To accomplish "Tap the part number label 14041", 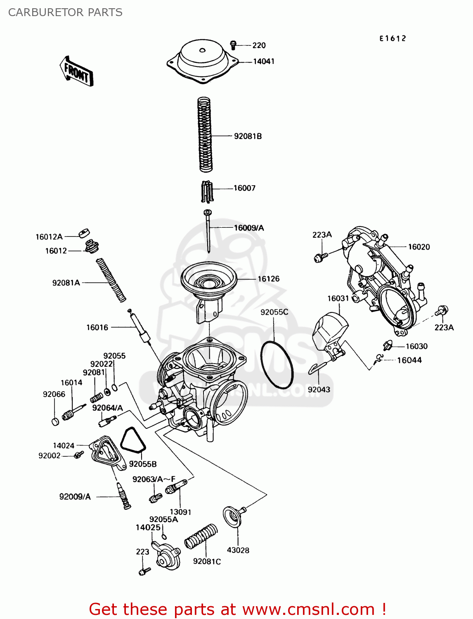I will pos(263,61).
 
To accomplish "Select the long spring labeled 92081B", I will pos(205,135).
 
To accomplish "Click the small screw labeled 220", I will pos(234,44).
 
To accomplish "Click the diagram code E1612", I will pos(393,38).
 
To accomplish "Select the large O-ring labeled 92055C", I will pos(277,365).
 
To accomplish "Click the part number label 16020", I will pos(419,247).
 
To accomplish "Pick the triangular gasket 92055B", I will pos(132,441).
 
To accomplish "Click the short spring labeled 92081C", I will pos(201,536).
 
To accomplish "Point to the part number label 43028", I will pos(238,550).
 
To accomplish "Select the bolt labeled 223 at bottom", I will pos(144,572).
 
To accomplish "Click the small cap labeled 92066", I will pos(55,421).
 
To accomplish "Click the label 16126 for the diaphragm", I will pos(268,279).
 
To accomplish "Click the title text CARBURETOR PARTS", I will pos(65,12).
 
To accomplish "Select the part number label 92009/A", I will pos(75,497).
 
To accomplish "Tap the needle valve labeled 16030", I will pos(387,346).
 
